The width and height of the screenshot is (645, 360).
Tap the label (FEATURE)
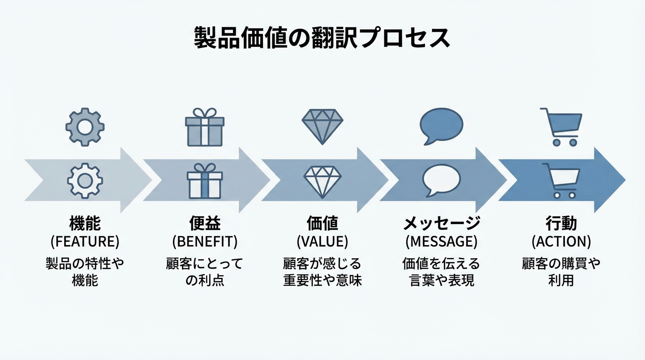(x=85, y=242)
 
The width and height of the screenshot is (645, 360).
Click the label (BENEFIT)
(x=205, y=242)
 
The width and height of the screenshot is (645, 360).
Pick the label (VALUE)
(x=322, y=242)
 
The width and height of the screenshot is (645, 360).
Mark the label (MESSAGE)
(x=441, y=242)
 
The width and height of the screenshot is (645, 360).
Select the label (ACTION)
(x=561, y=242)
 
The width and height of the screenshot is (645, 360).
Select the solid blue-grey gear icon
(x=85, y=127)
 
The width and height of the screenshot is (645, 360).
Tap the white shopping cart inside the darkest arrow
(x=561, y=180)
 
